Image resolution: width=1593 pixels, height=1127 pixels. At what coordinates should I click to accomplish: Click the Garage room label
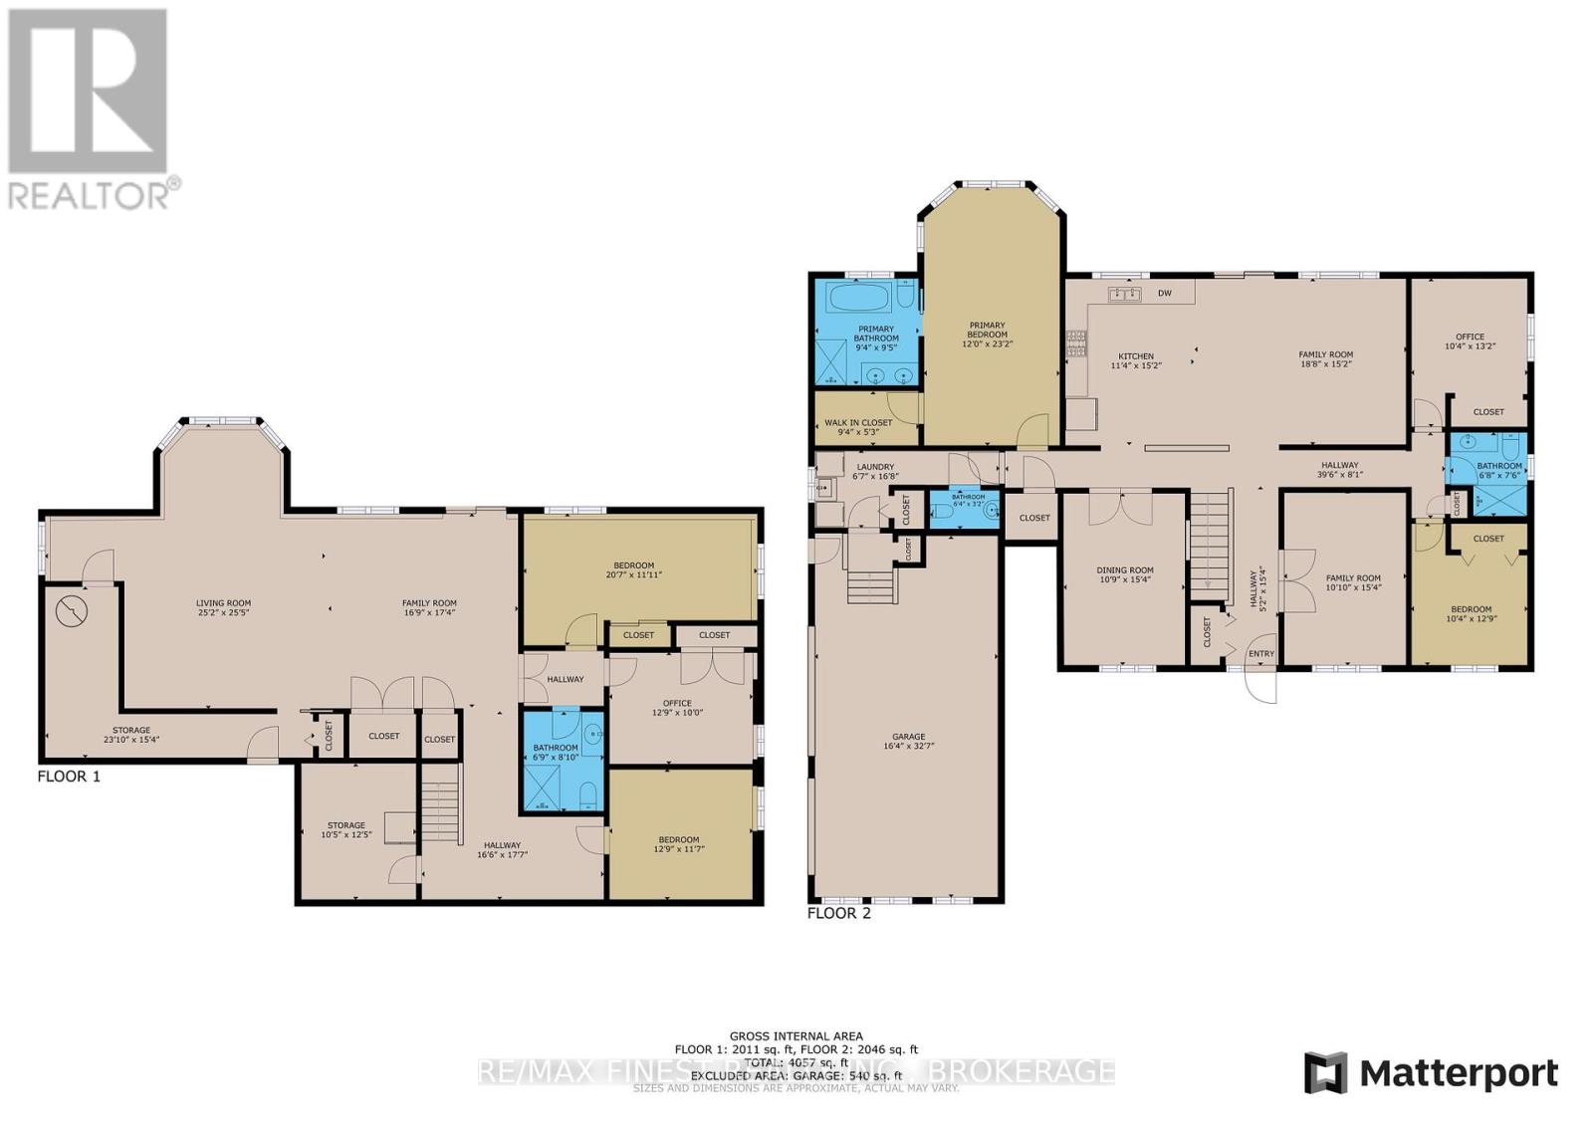908,741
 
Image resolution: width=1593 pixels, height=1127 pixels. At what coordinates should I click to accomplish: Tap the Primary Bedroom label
987,335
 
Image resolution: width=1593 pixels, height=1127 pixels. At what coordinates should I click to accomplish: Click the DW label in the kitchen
1164,294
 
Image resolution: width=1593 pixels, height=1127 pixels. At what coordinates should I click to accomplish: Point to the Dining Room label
1125,574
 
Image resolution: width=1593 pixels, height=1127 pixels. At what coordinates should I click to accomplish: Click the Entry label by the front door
1260,654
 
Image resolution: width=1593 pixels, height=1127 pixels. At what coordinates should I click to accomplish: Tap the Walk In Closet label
858,427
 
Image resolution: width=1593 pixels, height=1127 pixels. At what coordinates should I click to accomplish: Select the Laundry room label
875,471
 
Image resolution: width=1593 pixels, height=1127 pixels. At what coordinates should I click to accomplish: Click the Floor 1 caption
69,777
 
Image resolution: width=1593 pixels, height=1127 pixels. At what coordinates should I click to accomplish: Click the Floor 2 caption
838,913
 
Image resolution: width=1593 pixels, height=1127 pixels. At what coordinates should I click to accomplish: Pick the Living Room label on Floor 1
223,607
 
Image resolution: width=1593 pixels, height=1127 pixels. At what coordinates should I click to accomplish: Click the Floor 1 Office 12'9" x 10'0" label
677,708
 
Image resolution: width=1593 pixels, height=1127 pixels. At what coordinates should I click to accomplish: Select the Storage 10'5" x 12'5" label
346,829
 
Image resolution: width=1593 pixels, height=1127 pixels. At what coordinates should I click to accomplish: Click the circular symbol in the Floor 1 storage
71,610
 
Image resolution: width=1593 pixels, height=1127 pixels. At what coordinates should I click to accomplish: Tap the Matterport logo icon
1325,1073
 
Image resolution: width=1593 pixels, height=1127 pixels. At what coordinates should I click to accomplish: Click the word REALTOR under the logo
88,195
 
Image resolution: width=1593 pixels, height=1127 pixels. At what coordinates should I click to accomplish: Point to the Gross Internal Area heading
796,1036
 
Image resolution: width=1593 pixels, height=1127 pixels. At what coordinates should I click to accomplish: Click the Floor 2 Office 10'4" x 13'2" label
1470,341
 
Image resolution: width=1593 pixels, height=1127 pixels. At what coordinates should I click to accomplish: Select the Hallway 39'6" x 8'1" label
1340,469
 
